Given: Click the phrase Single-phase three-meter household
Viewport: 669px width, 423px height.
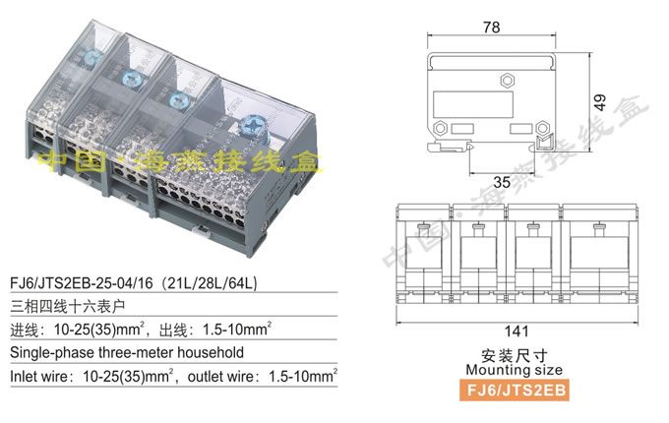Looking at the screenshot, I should (124, 351).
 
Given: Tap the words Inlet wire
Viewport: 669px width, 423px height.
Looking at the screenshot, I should (41, 375).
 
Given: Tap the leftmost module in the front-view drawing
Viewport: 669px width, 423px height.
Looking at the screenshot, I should (422, 256).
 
